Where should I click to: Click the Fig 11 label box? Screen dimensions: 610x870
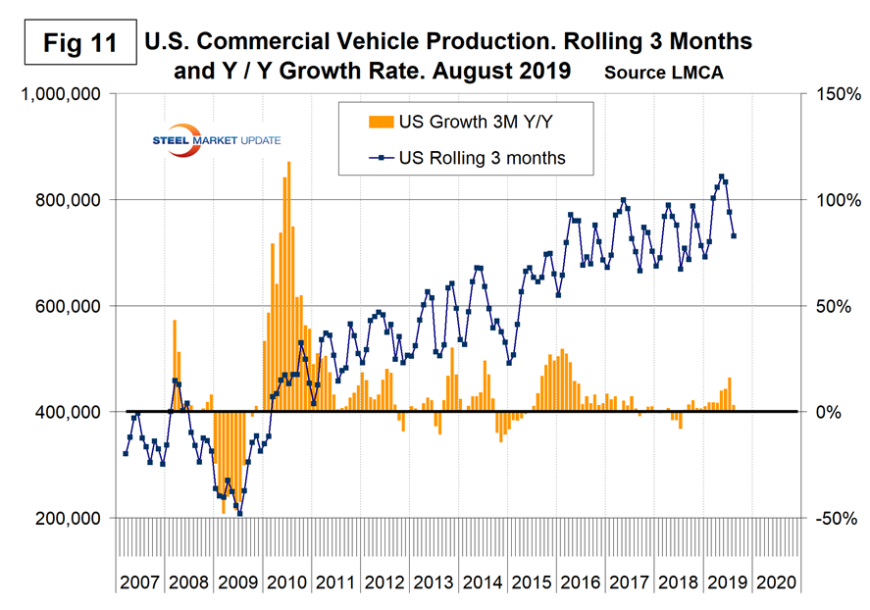pyautogui.click(x=73, y=43)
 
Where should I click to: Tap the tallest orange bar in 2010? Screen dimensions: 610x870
pyautogui.click(x=288, y=162)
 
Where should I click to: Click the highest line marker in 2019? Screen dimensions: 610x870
pyautogui.click(x=721, y=178)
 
